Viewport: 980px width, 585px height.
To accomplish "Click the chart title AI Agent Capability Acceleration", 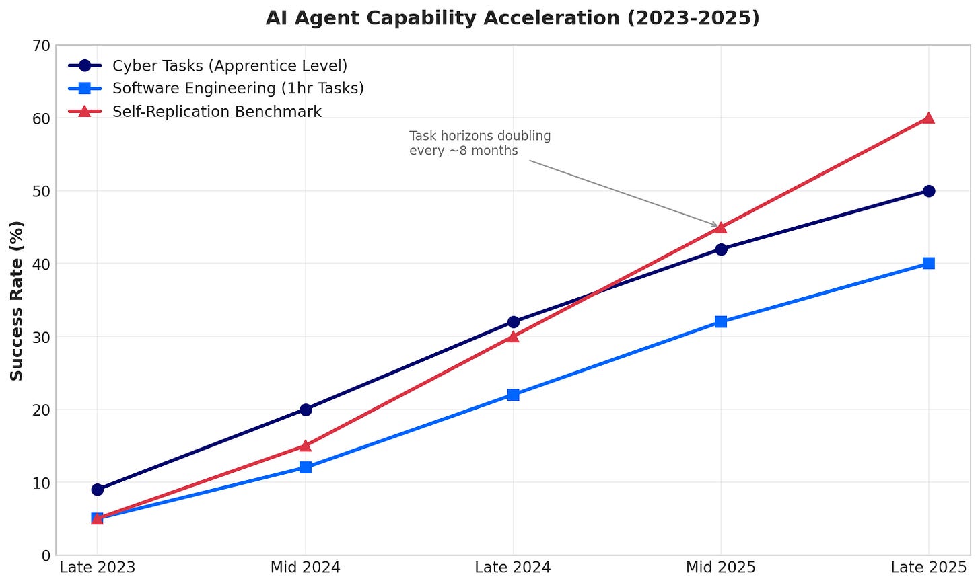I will [x=512, y=18].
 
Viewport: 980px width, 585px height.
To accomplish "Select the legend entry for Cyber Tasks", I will [x=230, y=66].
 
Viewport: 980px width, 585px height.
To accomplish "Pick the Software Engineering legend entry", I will [x=238, y=89].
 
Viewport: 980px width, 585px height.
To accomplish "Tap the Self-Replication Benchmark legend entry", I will [x=217, y=112].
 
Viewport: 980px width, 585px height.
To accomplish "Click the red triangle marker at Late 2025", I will [x=928, y=118].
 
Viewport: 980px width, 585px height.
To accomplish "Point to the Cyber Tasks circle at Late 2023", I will [x=98, y=490].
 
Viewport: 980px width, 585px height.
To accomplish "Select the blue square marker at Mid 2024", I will [x=306, y=467].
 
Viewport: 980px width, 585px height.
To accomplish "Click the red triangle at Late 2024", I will [x=513, y=336].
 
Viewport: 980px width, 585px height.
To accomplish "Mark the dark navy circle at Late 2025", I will [x=928, y=191].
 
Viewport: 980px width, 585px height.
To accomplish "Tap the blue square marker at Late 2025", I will [x=928, y=264].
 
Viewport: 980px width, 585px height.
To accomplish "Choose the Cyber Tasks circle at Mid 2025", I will [x=721, y=249].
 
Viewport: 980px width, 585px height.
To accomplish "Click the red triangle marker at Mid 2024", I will [x=306, y=445].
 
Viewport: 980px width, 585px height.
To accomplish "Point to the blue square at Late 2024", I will [x=513, y=395].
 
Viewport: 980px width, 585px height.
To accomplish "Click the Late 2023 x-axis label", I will [x=98, y=568].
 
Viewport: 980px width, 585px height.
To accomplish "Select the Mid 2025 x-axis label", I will [x=721, y=568].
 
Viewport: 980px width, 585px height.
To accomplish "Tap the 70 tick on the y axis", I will [x=42, y=46].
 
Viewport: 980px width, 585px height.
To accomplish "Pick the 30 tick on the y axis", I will [x=42, y=337].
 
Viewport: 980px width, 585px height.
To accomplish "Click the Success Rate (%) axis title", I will [x=17, y=300].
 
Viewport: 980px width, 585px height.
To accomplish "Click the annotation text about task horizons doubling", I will [x=480, y=143].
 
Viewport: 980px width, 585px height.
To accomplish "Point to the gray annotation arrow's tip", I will [x=718, y=227].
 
